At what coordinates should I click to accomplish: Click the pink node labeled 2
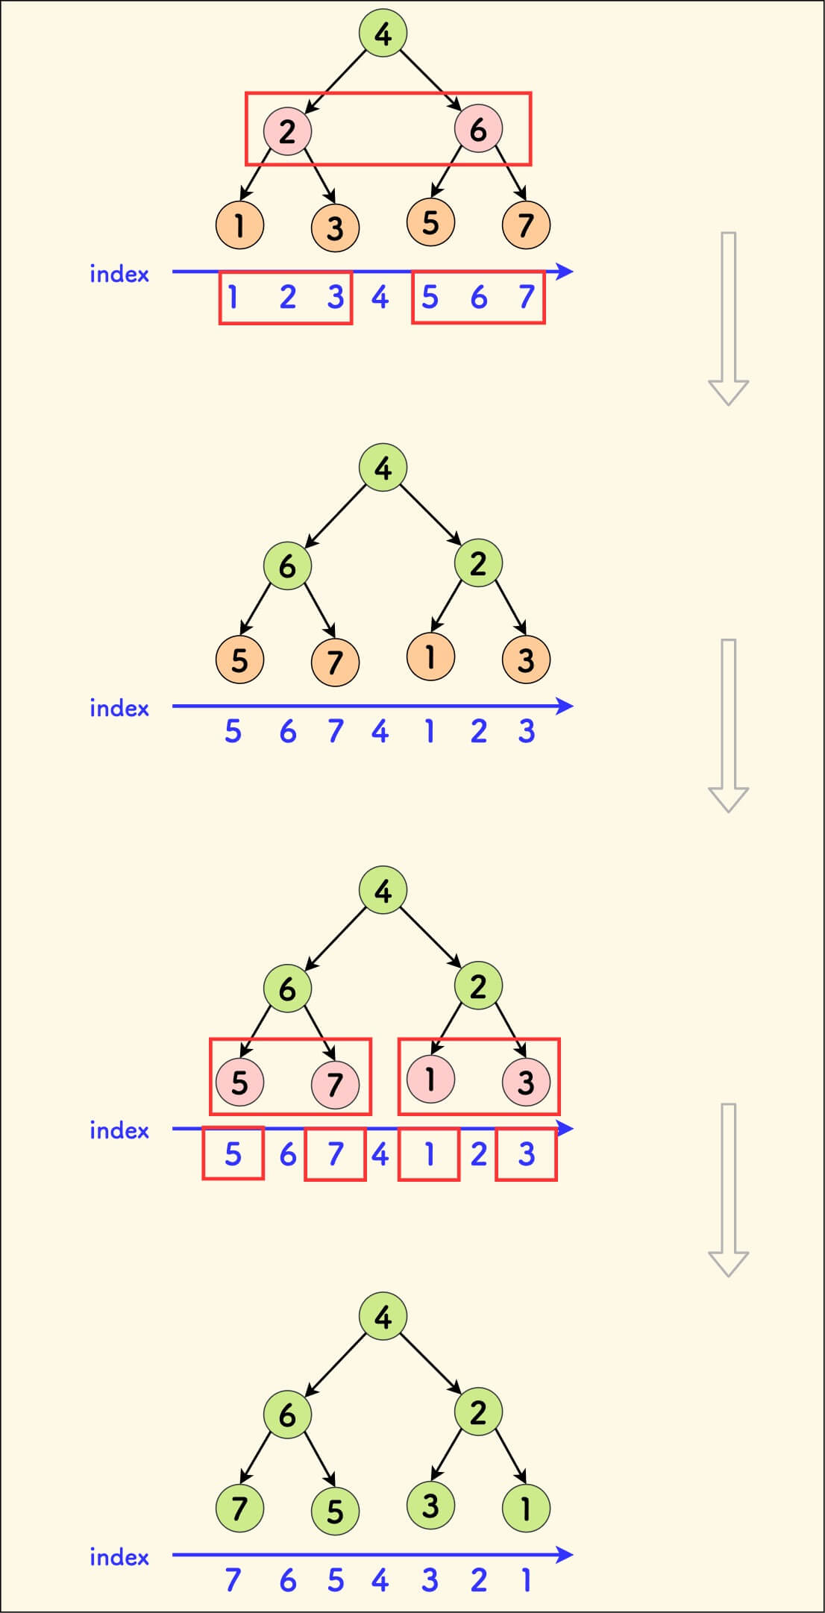click(x=287, y=131)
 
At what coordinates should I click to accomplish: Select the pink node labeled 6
click(x=478, y=129)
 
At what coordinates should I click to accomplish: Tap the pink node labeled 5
click(x=239, y=1083)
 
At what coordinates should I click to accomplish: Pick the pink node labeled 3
click(x=526, y=1081)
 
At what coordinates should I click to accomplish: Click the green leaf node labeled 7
click(x=239, y=1508)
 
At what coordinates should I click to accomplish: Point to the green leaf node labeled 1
click(x=526, y=1508)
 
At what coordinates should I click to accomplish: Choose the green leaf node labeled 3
click(x=430, y=1505)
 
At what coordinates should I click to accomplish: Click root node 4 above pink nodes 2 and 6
click(x=383, y=34)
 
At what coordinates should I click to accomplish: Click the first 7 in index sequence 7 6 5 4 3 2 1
click(x=233, y=1580)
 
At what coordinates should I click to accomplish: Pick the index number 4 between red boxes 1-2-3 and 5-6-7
click(x=380, y=298)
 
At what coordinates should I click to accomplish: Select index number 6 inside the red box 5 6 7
click(x=478, y=298)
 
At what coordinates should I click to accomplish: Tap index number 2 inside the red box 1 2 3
click(x=288, y=298)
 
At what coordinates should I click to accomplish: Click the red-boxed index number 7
click(x=335, y=1154)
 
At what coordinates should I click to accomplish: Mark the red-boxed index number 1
click(x=429, y=1154)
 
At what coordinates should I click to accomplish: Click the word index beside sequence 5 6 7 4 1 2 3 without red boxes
click(x=119, y=708)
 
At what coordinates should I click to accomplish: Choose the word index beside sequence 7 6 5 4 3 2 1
click(x=119, y=1557)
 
